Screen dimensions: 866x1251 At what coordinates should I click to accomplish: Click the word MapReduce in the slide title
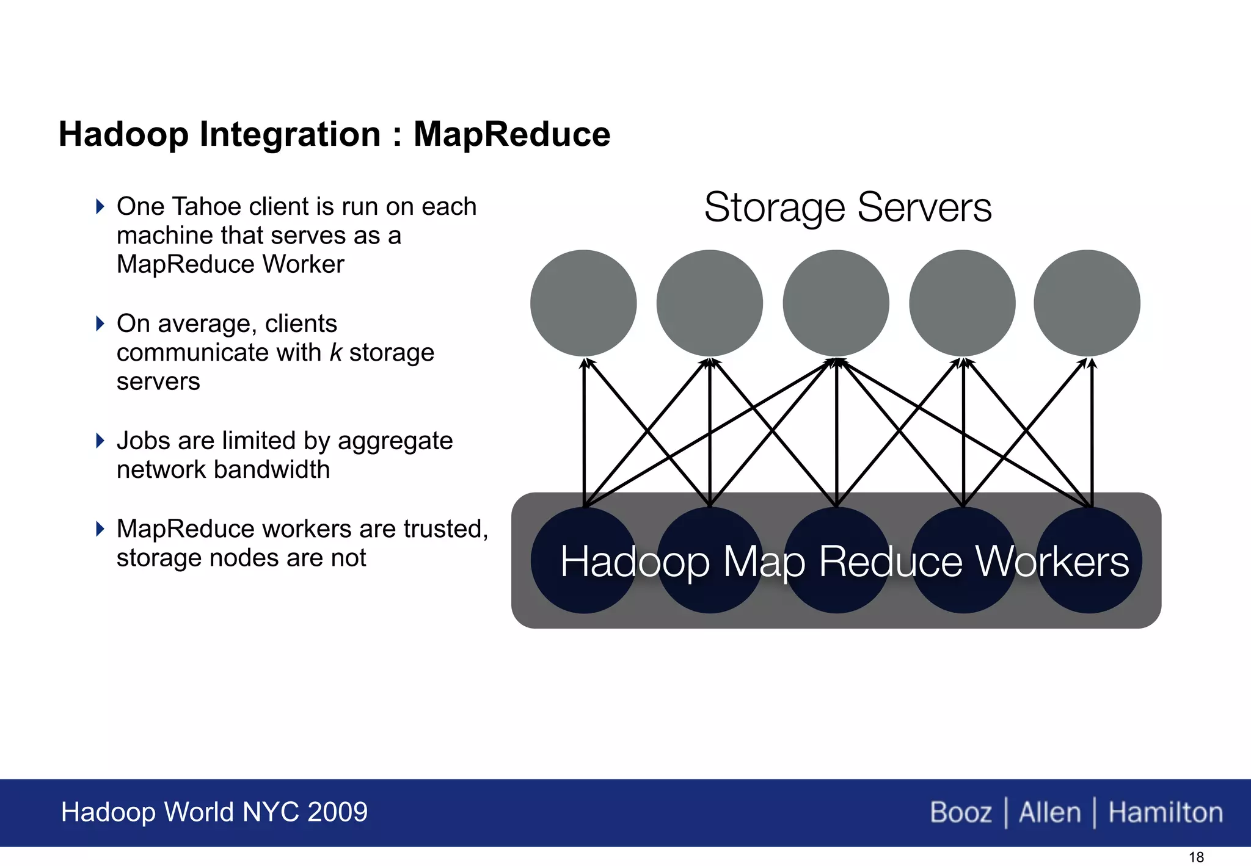pyautogui.click(x=512, y=134)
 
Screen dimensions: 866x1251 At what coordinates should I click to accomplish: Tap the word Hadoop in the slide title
pyautogui.click(x=124, y=134)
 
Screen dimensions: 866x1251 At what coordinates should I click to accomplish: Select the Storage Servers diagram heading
pyautogui.click(x=848, y=207)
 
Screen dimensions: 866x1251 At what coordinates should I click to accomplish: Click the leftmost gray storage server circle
pyautogui.click(x=583, y=303)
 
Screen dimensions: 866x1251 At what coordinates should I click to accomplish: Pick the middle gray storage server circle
pyautogui.click(x=836, y=303)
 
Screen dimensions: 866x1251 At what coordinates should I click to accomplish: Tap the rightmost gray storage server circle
pyautogui.click(x=1087, y=303)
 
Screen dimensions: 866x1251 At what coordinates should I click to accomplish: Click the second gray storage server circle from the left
pyautogui.click(x=709, y=303)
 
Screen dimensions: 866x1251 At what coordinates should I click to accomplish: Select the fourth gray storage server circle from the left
pyautogui.click(x=962, y=303)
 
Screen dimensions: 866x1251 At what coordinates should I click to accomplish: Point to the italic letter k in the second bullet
pyautogui.click(x=335, y=353)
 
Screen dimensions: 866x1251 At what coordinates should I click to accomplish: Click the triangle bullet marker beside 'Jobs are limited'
pyautogui.click(x=101, y=441)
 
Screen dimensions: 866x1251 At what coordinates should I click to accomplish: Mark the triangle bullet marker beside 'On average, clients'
pyautogui.click(x=101, y=323)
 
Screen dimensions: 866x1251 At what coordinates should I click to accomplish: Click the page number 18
pyautogui.click(x=1196, y=857)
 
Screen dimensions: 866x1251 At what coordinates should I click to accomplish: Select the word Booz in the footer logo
pyautogui.click(x=961, y=813)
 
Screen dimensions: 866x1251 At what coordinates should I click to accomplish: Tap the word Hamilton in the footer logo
pyautogui.click(x=1165, y=813)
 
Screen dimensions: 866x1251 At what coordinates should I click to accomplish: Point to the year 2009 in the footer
pyautogui.click(x=337, y=812)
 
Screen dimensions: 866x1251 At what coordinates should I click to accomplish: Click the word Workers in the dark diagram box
pyautogui.click(x=1052, y=561)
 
